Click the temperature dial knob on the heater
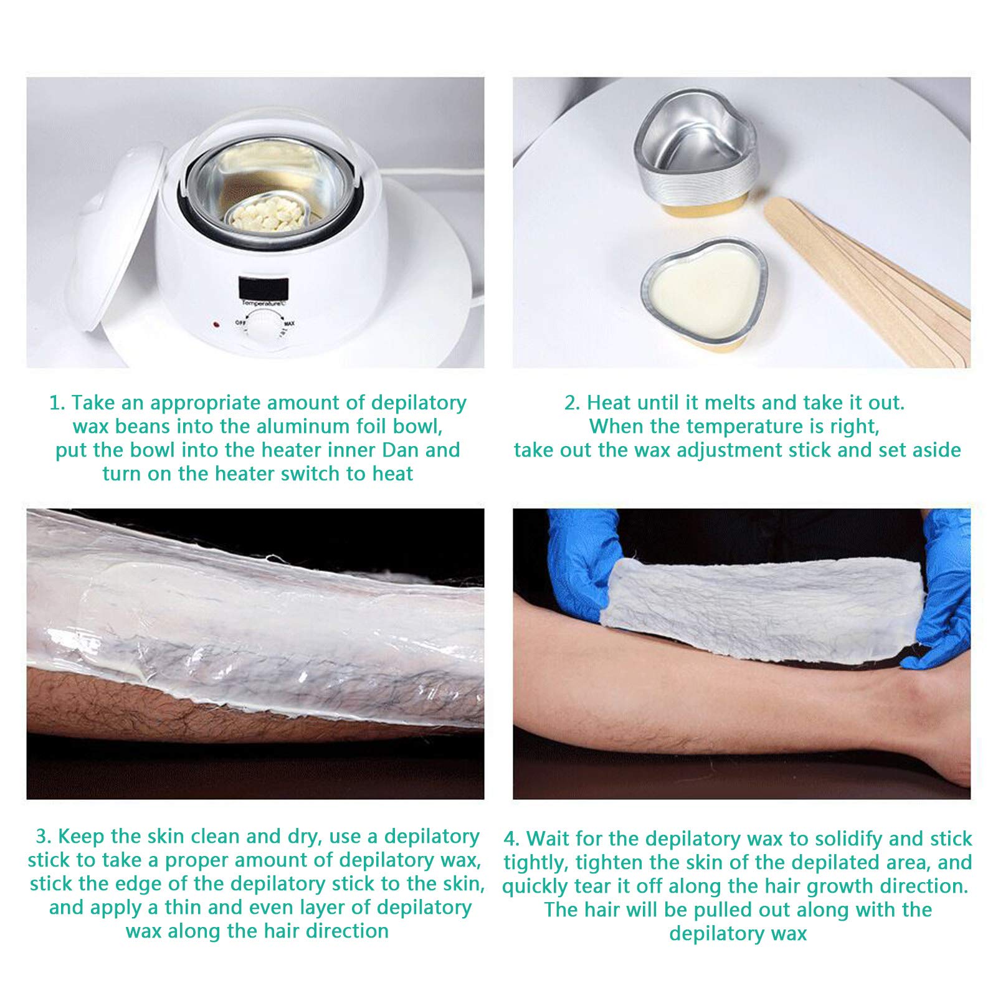click(264, 326)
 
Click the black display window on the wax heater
click(263, 288)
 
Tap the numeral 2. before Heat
click(572, 403)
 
